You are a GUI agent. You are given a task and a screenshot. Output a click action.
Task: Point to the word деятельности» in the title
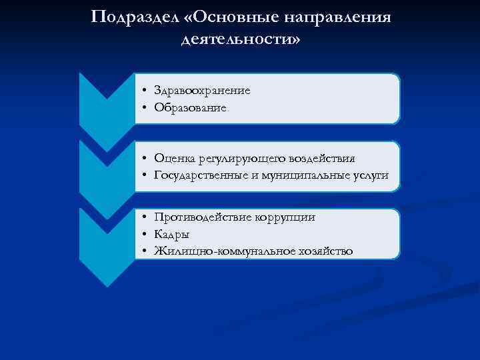pos(241,39)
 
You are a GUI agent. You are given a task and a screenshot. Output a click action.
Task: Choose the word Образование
pos(190,107)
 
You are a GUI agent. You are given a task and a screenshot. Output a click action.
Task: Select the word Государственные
pos(203,175)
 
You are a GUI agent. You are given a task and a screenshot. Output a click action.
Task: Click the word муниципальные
pos(304,175)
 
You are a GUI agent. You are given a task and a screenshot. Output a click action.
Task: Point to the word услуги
pos(370,175)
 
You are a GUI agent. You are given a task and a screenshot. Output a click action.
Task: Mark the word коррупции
pos(289,217)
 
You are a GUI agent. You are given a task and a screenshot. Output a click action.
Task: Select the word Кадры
pos(171,234)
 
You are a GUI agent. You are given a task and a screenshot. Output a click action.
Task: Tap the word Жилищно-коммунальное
pos(218,251)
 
